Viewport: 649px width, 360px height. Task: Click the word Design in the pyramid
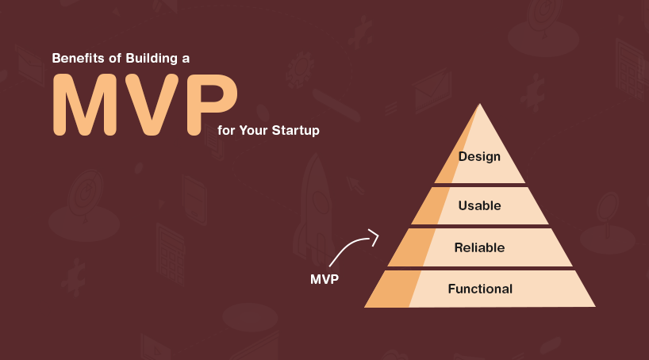coord(479,157)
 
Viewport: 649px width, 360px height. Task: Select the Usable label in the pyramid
coord(479,205)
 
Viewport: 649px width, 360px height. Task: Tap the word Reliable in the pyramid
coord(479,247)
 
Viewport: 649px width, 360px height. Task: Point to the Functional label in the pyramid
coord(480,289)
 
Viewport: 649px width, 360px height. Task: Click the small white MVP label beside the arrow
coord(324,279)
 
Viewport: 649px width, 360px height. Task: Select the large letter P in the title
coord(212,105)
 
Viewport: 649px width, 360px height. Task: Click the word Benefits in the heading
coord(78,59)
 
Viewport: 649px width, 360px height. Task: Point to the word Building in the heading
coord(152,59)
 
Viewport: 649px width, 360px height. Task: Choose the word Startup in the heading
coord(295,131)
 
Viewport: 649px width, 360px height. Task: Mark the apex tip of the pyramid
coord(480,104)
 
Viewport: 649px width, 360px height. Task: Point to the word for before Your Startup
coord(226,130)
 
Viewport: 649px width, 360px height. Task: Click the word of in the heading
coord(115,59)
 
